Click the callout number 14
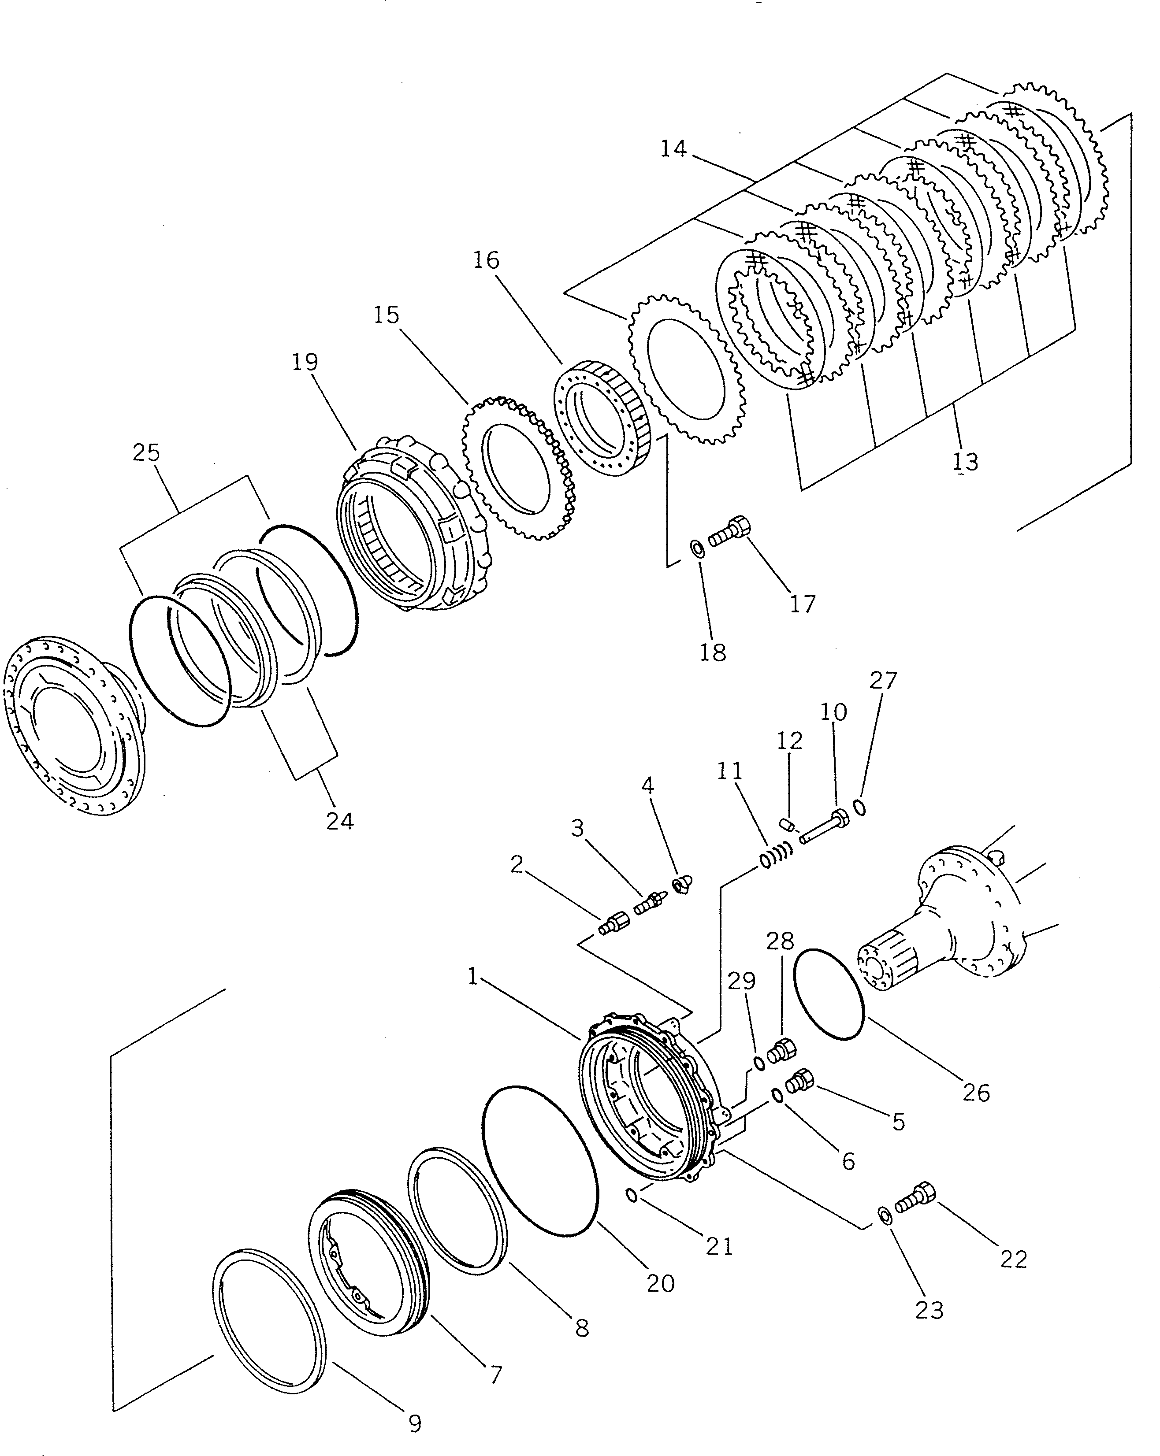pyautogui.click(x=673, y=148)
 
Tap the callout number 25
pyautogui.click(x=146, y=452)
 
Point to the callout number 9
pyautogui.click(x=415, y=1423)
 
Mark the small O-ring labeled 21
pyautogui.click(x=632, y=1196)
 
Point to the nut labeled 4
pyautogui.click(x=680, y=884)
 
